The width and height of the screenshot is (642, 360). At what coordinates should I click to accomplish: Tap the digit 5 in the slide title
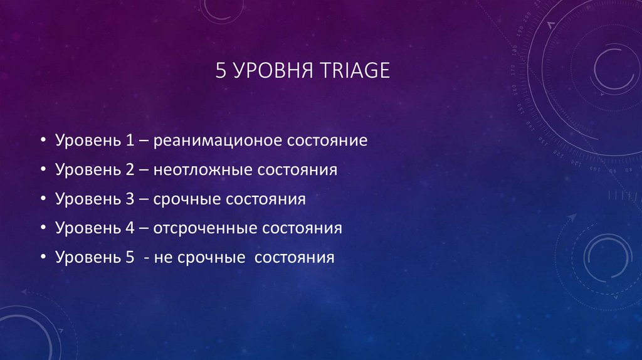tap(220, 70)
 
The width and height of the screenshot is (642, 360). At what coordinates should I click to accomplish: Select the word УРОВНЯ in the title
tap(264, 70)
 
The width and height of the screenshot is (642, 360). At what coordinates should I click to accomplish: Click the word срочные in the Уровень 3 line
tap(184, 199)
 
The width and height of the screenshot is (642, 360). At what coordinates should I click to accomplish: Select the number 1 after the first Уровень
tap(130, 140)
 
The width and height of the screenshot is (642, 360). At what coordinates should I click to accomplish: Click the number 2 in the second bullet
tap(130, 170)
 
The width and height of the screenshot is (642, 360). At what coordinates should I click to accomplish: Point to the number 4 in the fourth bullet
tap(130, 228)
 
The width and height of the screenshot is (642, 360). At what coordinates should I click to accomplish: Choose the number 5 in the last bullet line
tap(130, 257)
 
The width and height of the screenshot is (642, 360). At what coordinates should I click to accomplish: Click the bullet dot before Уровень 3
tap(42, 199)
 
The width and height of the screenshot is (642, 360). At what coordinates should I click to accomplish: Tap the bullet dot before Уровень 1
tap(42, 140)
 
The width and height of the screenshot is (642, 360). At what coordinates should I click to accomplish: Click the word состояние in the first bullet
tap(327, 140)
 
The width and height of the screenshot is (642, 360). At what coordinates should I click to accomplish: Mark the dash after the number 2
tap(144, 170)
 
